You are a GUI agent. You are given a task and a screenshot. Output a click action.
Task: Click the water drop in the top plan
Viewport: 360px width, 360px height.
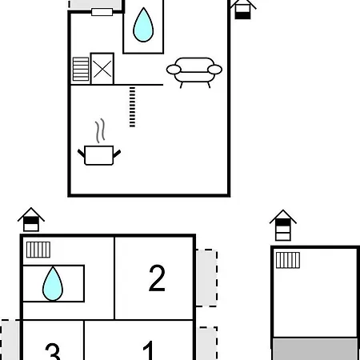point(143,26)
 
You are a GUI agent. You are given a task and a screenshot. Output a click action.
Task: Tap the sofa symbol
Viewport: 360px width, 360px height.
point(194,72)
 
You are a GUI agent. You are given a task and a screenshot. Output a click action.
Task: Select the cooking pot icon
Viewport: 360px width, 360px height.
point(99,155)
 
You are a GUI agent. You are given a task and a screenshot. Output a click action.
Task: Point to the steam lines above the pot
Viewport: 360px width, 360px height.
point(100,130)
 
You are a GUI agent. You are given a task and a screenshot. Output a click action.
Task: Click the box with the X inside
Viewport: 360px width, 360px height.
point(102,69)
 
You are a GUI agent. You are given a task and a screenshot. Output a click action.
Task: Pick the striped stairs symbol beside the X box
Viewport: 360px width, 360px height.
point(81,69)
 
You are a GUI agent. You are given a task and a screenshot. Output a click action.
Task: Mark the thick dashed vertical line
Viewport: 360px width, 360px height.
point(132,106)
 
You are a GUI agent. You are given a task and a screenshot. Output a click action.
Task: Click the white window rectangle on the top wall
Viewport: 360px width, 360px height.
point(102,12)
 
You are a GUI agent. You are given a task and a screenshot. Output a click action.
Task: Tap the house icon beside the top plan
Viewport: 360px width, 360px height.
point(242,10)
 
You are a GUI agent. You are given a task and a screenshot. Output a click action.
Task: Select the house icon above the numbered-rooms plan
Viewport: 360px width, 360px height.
point(31,219)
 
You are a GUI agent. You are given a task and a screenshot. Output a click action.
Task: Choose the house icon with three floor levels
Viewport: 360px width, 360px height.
point(283,226)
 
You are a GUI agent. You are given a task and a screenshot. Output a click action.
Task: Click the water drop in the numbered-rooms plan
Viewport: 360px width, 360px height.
point(53,283)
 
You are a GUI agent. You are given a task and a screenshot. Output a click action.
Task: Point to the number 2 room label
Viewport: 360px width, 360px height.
point(157,278)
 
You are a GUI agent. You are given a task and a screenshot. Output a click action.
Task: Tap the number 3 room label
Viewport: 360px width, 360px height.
point(53,351)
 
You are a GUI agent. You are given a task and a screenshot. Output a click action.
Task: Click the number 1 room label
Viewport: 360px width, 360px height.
point(149,350)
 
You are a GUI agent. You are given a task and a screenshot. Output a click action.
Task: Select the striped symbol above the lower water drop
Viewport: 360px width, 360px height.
point(38,250)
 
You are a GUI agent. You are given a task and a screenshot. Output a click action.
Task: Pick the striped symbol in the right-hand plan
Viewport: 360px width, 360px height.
point(288,260)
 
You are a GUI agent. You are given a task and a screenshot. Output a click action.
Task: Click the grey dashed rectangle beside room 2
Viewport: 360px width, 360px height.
point(207,278)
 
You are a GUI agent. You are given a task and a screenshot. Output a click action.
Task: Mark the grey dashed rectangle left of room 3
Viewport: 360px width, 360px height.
point(10,340)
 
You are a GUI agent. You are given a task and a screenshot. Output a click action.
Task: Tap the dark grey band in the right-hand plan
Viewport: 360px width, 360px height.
point(315,349)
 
